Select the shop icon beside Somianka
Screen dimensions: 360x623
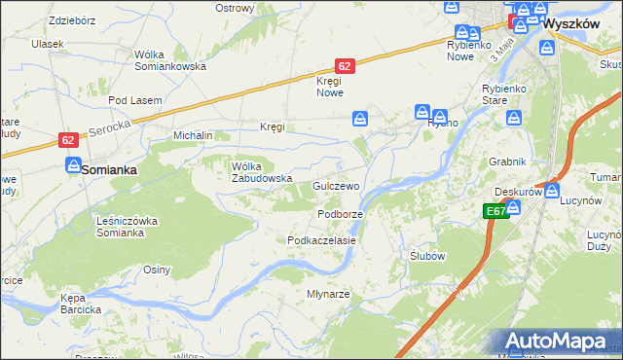point(73,166)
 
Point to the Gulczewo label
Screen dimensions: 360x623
point(337,186)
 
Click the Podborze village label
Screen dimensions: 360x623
point(341,214)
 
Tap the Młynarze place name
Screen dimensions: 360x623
point(328,293)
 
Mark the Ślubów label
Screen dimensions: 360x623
point(427,256)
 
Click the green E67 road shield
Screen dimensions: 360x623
point(495,210)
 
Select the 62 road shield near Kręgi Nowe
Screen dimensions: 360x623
point(344,66)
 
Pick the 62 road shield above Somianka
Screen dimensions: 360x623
point(67,140)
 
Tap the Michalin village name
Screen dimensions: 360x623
point(193,135)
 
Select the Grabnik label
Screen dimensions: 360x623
point(508,162)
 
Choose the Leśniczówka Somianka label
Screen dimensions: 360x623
point(127,227)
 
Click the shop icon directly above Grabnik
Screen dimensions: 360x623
point(514,119)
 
